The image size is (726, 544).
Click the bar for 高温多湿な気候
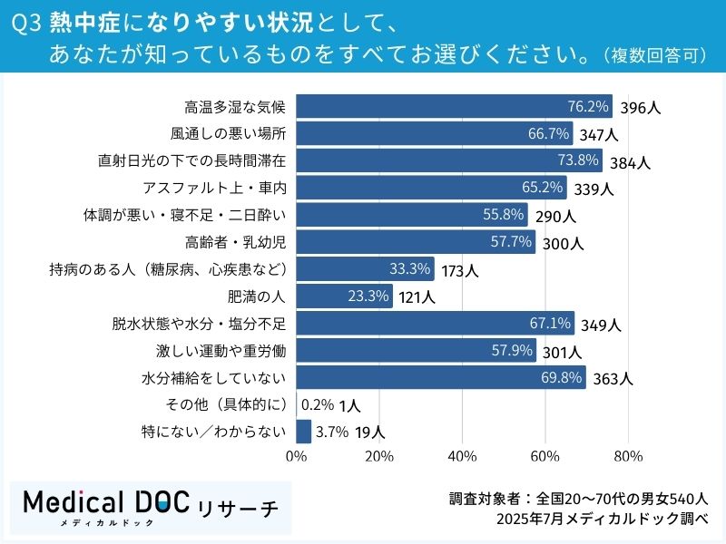[454, 106]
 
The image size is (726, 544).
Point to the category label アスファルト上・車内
[214, 188]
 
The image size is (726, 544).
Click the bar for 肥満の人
[344, 296]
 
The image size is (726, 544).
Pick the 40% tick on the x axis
[463, 455]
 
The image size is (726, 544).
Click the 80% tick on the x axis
[628, 455]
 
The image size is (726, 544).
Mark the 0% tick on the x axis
[297, 455]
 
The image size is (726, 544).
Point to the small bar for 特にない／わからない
[304, 432]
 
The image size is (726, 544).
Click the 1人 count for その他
[349, 406]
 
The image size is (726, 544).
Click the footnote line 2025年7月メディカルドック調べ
[596, 519]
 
